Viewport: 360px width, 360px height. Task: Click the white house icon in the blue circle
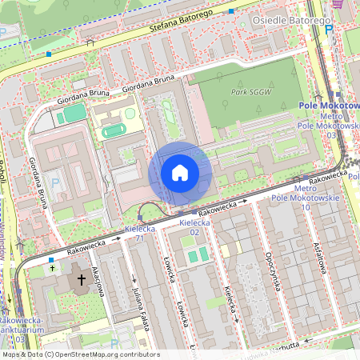click(x=180, y=173)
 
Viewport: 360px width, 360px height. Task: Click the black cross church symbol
click(x=82, y=282)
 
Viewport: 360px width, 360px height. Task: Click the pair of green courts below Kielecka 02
click(x=196, y=255)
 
